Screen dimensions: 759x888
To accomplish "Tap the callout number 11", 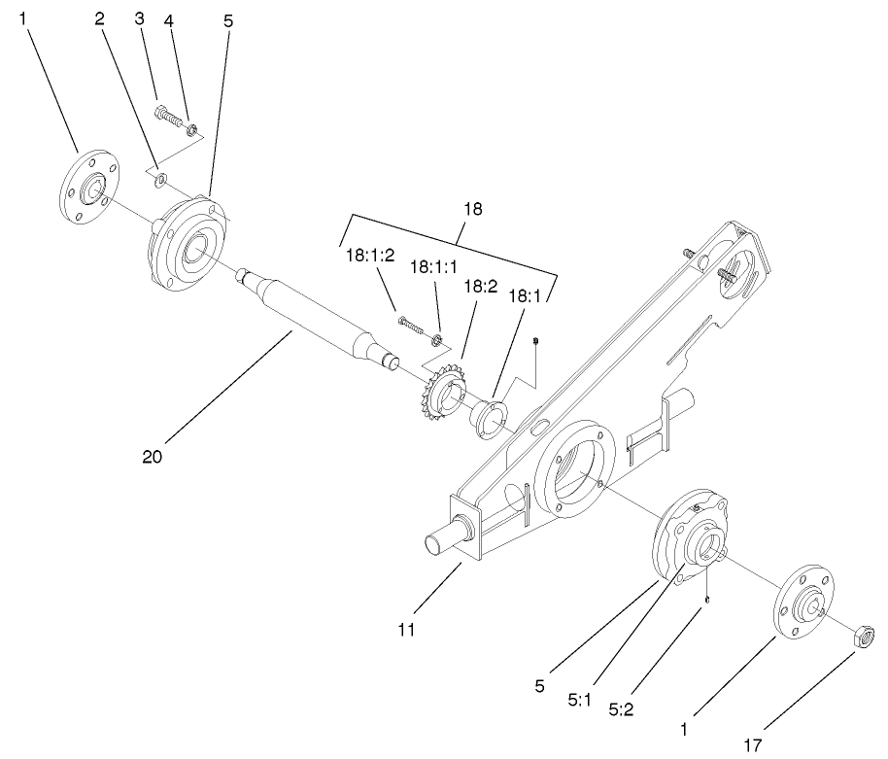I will point(406,630).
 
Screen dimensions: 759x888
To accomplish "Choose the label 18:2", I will point(480,287).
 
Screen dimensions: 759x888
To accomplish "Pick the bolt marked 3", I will point(168,117).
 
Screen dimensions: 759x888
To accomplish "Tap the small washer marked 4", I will point(192,127).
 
